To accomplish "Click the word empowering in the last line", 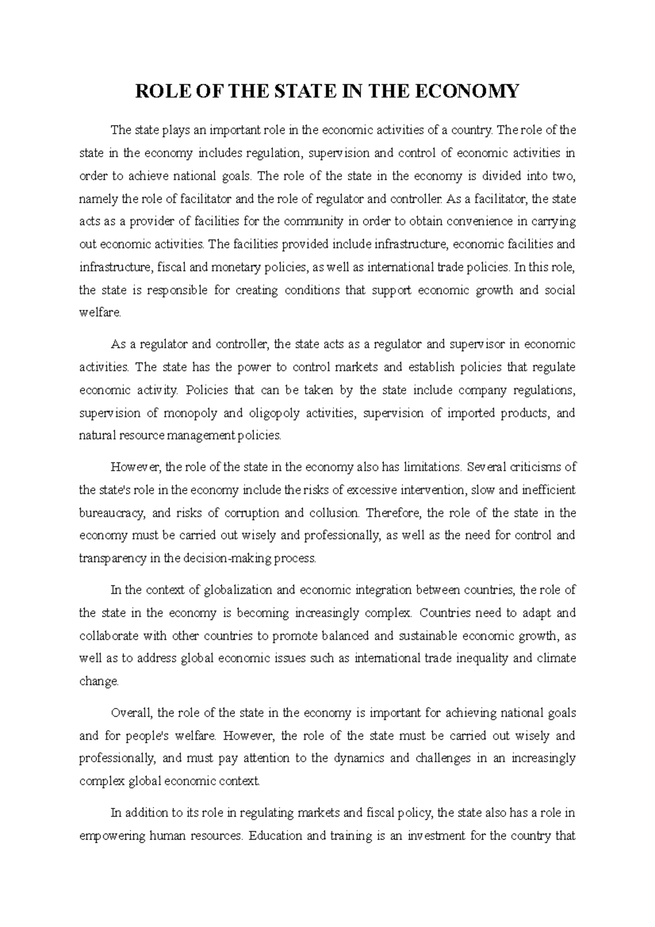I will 111,836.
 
